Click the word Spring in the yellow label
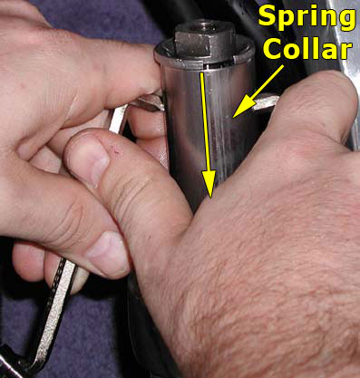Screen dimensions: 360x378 pos(306,18)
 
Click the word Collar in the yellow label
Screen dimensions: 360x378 pos(307,49)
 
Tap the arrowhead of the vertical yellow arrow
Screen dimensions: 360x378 pos(209,184)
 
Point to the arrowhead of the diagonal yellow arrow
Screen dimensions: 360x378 pos(241,106)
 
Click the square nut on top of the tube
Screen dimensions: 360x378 pos(204,38)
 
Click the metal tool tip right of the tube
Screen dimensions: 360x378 pos(265,102)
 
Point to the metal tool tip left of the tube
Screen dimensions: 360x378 pos(147,102)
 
